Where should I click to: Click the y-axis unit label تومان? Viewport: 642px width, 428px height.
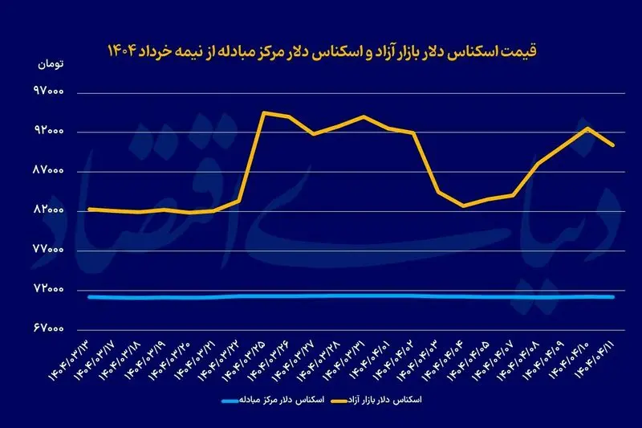tap(50, 63)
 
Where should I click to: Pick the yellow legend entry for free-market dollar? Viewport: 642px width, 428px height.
tap(384, 399)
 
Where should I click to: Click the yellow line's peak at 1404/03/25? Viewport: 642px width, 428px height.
tap(264, 112)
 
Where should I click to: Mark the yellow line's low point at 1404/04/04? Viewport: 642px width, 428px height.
tap(463, 206)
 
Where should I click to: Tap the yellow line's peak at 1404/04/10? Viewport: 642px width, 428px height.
tap(588, 128)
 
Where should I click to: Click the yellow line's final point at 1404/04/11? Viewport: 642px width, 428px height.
tap(613, 145)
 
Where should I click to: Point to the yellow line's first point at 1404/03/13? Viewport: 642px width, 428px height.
tap(89, 209)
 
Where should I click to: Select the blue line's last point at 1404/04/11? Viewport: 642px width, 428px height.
tap(613, 297)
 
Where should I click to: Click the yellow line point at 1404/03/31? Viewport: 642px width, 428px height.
tap(364, 116)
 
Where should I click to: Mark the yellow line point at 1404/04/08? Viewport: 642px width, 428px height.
tap(538, 163)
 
